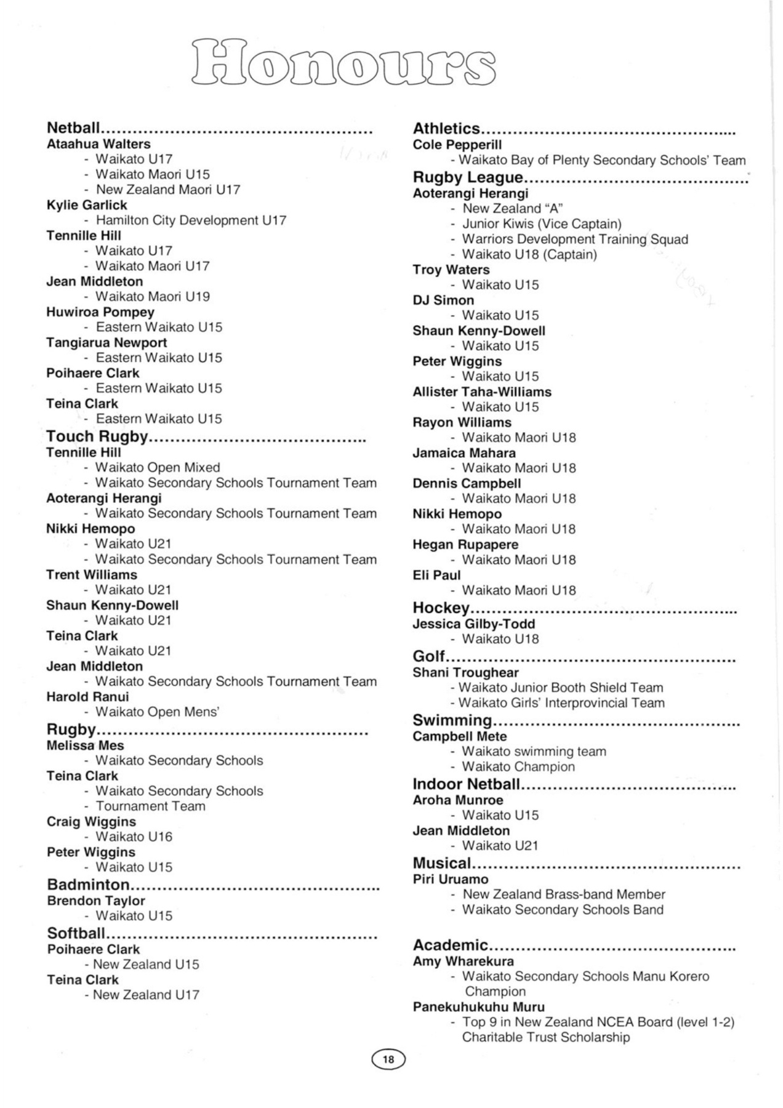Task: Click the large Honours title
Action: click(343, 62)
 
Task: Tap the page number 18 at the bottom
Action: click(388, 1059)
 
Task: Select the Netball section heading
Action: click(73, 128)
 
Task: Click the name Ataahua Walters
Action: click(98, 144)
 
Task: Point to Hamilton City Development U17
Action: click(191, 220)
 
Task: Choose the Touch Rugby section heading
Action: click(97, 436)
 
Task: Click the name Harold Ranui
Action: click(87, 697)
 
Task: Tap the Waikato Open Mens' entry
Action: click(158, 712)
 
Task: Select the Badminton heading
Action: click(89, 885)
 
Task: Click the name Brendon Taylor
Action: click(96, 901)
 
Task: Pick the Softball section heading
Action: click(76, 933)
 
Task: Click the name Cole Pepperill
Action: click(457, 145)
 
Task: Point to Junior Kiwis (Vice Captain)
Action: click(542, 224)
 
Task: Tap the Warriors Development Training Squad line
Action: click(575, 239)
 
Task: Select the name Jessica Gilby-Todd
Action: click(474, 624)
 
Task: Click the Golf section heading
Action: click(428, 656)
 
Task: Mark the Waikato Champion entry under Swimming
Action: click(518, 767)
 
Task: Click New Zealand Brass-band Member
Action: click(564, 894)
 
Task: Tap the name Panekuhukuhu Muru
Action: click(478, 1007)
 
